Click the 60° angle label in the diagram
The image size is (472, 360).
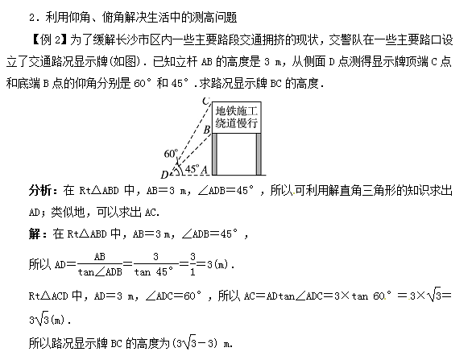click(x=171, y=154)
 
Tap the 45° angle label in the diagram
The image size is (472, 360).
click(x=193, y=168)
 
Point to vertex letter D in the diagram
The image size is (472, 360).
click(x=164, y=175)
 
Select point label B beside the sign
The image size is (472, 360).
click(x=206, y=130)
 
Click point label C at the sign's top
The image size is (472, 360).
click(x=206, y=101)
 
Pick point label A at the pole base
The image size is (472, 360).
click(x=205, y=170)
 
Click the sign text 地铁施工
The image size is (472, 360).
click(x=237, y=111)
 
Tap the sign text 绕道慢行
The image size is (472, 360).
click(x=237, y=122)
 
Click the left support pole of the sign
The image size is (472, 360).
click(x=214, y=154)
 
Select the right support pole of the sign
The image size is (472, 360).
click(x=259, y=154)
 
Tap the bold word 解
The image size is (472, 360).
click(x=35, y=234)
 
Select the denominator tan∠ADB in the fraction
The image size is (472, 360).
click(x=100, y=272)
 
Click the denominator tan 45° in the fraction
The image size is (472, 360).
click(x=154, y=272)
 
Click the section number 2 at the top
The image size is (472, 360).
click(x=32, y=18)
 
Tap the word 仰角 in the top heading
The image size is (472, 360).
click(x=80, y=18)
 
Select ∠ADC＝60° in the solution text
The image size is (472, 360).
click(x=173, y=296)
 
